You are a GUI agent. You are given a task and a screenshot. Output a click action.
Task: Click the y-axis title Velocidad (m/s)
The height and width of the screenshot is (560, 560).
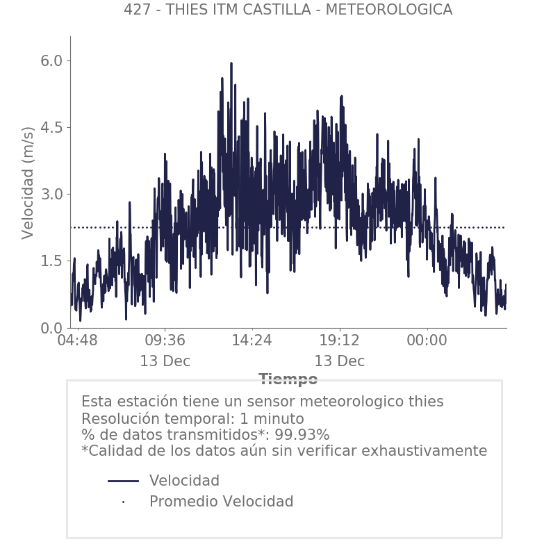28,183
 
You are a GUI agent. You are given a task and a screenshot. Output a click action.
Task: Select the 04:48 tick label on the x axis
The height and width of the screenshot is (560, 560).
78,341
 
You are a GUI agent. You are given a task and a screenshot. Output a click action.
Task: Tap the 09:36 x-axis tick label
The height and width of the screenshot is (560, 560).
165,341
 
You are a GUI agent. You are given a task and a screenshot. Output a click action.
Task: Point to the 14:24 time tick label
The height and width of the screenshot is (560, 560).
252,341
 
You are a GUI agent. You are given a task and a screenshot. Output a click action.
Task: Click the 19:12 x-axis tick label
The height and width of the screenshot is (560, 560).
339,341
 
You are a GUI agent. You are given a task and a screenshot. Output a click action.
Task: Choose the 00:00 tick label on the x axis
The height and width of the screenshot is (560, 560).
427,341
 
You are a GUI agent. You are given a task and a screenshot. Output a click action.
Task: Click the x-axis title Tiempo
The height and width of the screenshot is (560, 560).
288,379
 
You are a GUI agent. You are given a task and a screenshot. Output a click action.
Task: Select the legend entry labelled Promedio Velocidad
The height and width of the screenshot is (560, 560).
221,502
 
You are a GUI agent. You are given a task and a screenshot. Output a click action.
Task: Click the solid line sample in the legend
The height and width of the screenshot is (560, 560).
124,481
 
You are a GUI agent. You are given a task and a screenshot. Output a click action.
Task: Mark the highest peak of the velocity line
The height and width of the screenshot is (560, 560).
231,63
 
